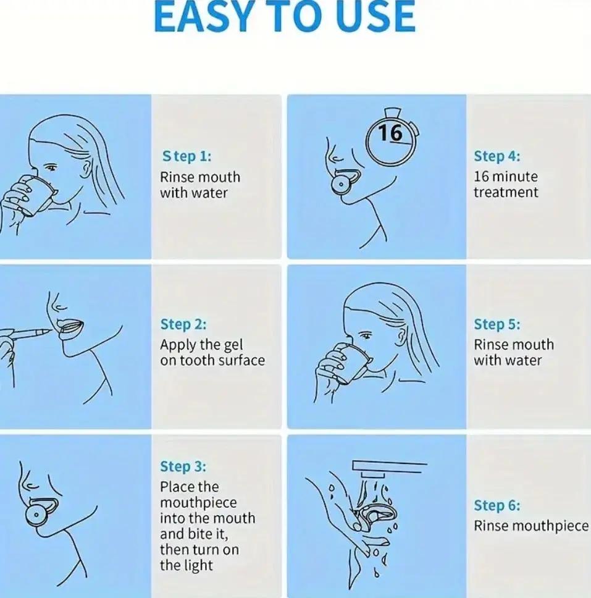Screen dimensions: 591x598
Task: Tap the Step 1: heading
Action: [x=187, y=156]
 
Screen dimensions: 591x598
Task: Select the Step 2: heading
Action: [x=183, y=324]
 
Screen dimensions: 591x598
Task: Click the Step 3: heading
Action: [x=183, y=466]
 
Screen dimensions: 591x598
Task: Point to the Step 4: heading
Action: [x=497, y=156]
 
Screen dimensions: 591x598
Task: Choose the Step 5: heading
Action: [x=497, y=324]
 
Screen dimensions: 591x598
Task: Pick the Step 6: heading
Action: [x=497, y=505]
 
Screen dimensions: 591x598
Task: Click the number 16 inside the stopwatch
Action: [x=390, y=133]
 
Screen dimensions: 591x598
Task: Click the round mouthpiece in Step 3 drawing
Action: [x=36, y=515]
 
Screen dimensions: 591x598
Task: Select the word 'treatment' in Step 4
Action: [x=506, y=192]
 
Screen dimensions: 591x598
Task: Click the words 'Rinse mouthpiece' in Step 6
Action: [x=531, y=526]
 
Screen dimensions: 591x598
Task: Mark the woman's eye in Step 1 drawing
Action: [x=51, y=167]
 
